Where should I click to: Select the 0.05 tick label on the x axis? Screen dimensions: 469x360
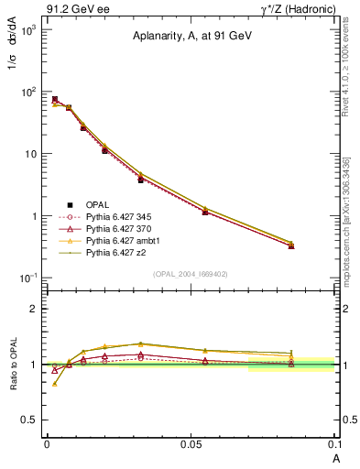coord(191,442)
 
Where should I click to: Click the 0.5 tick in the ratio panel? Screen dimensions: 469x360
coord(30,420)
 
